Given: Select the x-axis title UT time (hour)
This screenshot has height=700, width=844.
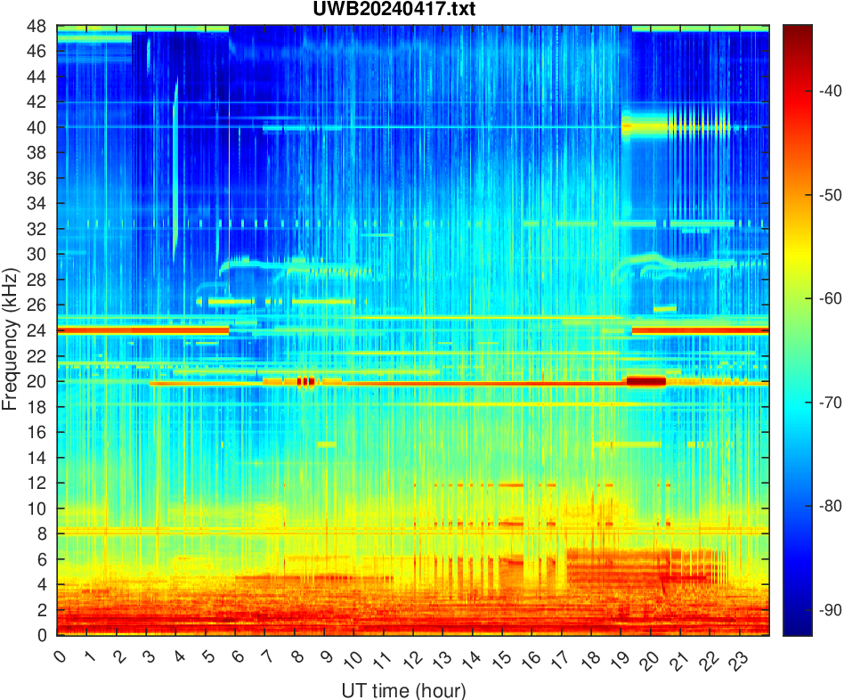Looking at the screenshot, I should (x=403, y=689).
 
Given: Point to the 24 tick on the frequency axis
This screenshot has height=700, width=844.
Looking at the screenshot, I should (x=42, y=330).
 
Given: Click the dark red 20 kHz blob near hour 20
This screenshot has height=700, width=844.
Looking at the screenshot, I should (x=646, y=381).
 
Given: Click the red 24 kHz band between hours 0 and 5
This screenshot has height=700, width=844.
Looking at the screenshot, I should (x=142, y=330).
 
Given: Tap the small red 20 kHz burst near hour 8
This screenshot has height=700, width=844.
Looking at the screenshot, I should (x=305, y=381).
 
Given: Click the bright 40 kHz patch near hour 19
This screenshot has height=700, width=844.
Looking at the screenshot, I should (x=627, y=127).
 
